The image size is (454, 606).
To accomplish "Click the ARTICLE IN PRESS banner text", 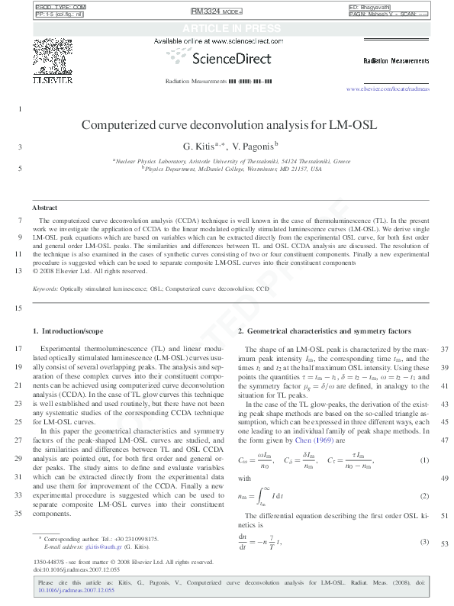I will click(227, 28).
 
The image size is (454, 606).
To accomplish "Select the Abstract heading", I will click(45, 208).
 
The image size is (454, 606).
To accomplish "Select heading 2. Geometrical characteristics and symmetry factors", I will click(324, 330).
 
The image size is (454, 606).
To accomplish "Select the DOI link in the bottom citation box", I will click(76, 590).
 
